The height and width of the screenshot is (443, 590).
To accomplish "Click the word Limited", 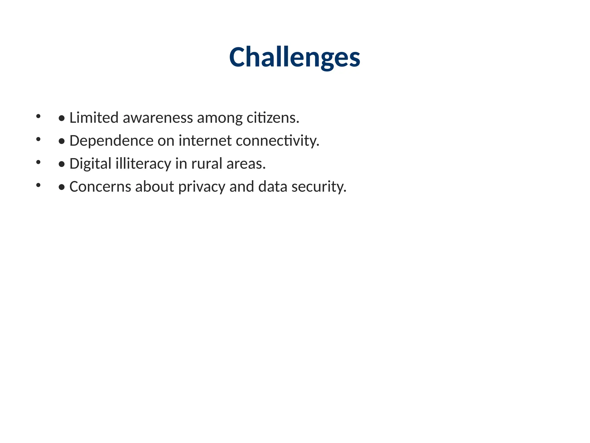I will click(94, 118).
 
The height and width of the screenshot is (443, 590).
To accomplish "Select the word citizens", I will click(273, 118).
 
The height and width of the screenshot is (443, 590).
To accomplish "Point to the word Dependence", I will click(111, 141).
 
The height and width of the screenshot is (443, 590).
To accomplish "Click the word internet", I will click(205, 141).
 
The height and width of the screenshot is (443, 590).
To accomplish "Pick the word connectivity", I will click(277, 141).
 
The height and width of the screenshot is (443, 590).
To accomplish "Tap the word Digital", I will click(90, 164).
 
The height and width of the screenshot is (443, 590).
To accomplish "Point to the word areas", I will click(246, 164).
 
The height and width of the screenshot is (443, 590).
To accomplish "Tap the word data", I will click(273, 187).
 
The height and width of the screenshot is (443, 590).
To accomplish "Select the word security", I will click(319, 187).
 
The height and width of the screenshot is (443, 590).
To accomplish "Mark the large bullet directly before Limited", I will click(61, 118).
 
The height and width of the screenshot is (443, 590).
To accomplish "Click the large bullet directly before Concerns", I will click(61, 187).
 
